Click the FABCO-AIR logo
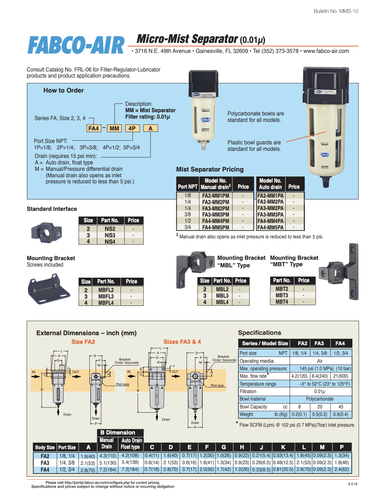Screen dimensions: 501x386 pos(76,45)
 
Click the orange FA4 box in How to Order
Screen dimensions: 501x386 pos(94,128)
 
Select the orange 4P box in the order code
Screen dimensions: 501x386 pos(132,128)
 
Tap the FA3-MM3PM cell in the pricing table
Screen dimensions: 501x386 pos(216,214)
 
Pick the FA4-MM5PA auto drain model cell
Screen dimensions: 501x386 pos(270,227)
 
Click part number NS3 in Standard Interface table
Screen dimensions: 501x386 pos(110,235)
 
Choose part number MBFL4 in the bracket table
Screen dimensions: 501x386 pos(106,303)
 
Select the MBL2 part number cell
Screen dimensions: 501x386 pos(222,289)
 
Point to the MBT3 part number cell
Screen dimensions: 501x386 pos(282,295)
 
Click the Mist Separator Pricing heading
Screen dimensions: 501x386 pos(210,169)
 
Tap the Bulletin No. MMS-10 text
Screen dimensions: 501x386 pos(336,11)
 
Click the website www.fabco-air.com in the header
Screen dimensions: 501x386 pos(326,51)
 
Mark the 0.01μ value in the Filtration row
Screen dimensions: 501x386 pos(320,391)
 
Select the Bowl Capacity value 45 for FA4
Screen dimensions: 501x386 pos(341,407)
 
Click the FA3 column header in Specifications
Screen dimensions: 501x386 pos(319,343)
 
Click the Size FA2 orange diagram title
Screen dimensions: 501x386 pos(83,342)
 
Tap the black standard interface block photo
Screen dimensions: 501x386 pos(46,232)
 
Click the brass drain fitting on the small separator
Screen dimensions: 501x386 pos(203,145)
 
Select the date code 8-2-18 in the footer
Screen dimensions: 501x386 pos(352,484)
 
